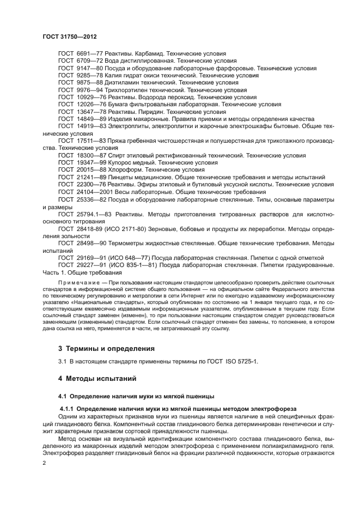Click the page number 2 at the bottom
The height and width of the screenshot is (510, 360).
click(x=45, y=462)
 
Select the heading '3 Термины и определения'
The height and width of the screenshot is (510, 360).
click(x=106, y=348)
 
